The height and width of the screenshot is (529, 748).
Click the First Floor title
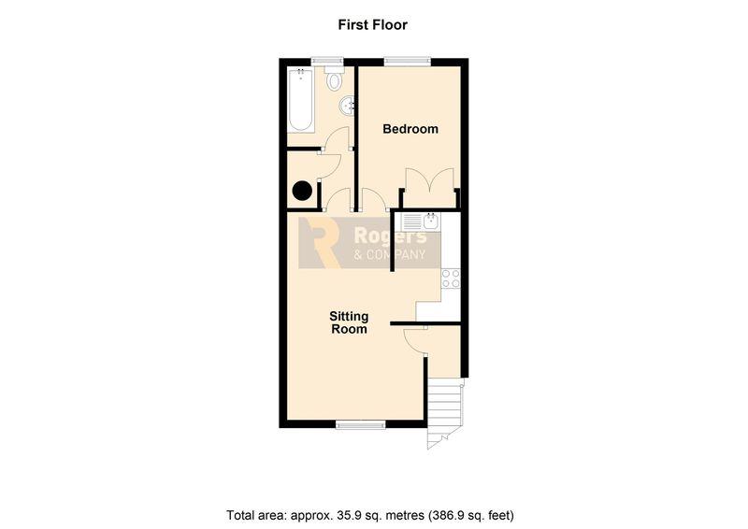point(372,24)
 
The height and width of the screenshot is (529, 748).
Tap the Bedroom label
point(410,129)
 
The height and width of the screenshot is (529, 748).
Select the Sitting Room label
point(349,322)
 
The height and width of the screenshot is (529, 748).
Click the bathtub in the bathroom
point(300,100)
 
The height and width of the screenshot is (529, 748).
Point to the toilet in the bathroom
point(335,78)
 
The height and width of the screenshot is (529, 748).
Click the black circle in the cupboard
point(302,191)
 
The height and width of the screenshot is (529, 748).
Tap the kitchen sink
point(421,222)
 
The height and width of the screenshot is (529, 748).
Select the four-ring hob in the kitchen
point(451,279)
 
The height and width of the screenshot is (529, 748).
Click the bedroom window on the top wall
point(408,61)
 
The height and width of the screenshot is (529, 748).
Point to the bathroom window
point(328,61)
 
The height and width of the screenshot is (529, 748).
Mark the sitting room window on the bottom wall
point(361,424)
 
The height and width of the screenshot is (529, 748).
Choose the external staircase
point(445,413)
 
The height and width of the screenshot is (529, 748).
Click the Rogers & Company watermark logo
point(369,243)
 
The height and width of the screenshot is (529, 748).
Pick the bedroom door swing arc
point(373,199)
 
